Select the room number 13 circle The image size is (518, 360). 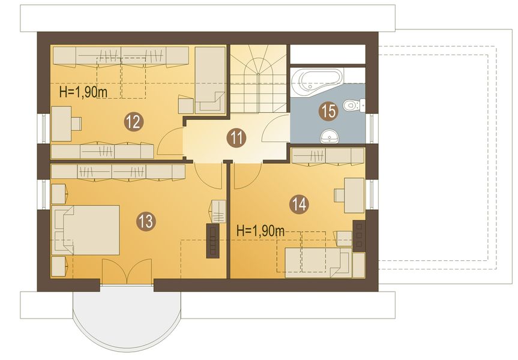[146, 221]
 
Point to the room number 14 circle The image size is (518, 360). [300, 205]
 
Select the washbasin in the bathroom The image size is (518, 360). [330, 136]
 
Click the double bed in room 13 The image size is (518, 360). [86, 230]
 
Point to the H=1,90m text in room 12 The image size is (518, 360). [83, 92]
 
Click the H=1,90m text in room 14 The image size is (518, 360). [261, 231]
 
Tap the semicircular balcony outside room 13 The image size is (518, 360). [127, 317]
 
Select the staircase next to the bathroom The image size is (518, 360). [258, 79]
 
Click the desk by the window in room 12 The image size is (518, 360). [62, 123]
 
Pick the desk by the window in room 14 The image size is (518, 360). [354, 195]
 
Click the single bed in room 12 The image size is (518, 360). [209, 80]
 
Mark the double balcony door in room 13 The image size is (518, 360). [127, 271]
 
